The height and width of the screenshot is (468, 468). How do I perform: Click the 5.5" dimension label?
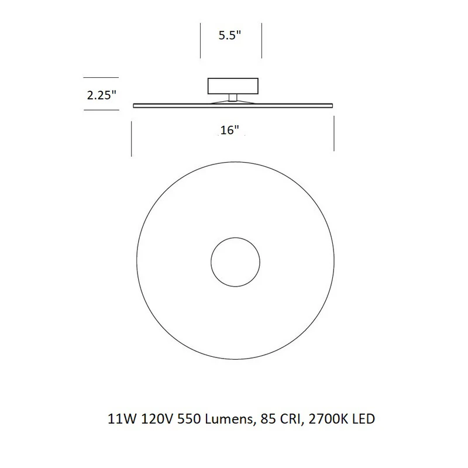(229, 35)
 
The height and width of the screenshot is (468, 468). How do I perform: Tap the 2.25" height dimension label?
(101, 95)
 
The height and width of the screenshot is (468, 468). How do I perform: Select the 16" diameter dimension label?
(229, 130)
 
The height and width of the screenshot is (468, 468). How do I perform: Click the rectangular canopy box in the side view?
(233, 86)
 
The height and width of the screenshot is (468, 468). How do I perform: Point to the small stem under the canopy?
(233, 98)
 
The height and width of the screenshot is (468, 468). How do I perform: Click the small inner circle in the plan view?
(235, 238)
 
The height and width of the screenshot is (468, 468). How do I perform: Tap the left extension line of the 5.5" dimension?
(200, 40)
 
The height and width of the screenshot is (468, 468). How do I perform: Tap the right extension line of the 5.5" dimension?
(261, 40)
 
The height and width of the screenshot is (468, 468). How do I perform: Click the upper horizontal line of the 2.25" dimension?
(101, 78)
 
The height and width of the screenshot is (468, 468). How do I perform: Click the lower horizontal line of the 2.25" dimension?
(101, 110)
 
